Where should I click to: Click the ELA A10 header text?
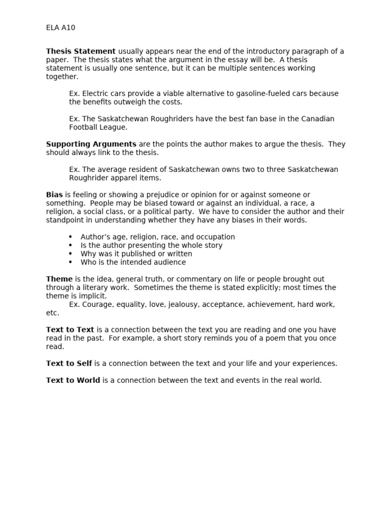[60, 28]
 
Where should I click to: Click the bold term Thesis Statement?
[81, 51]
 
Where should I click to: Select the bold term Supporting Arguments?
[91, 144]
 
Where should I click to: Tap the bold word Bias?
[54, 195]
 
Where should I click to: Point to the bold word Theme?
[59, 279]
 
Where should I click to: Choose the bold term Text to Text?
[70, 330]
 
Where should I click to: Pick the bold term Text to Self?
[69, 363]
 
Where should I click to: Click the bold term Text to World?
[73, 380]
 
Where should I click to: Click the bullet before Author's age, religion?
[70, 237]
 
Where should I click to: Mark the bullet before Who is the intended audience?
[70, 263]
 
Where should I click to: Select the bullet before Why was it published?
[70, 254]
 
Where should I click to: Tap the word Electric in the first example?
[95, 93]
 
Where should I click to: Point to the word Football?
[84, 127]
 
